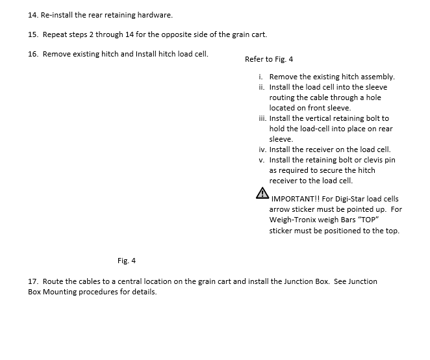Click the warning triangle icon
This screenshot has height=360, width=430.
tap(262, 192)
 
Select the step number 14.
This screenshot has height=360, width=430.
tap(33, 14)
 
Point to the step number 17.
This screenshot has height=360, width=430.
tap(33, 281)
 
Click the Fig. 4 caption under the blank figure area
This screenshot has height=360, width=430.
tap(127, 261)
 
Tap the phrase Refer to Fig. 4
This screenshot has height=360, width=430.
tap(269, 59)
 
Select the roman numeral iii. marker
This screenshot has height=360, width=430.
tap(261, 118)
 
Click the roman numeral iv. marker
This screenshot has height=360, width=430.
tap(261, 149)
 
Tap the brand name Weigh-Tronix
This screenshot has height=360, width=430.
tap(294, 220)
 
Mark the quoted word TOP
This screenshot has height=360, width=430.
tap(368, 220)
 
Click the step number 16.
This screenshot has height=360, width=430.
tap(33, 54)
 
